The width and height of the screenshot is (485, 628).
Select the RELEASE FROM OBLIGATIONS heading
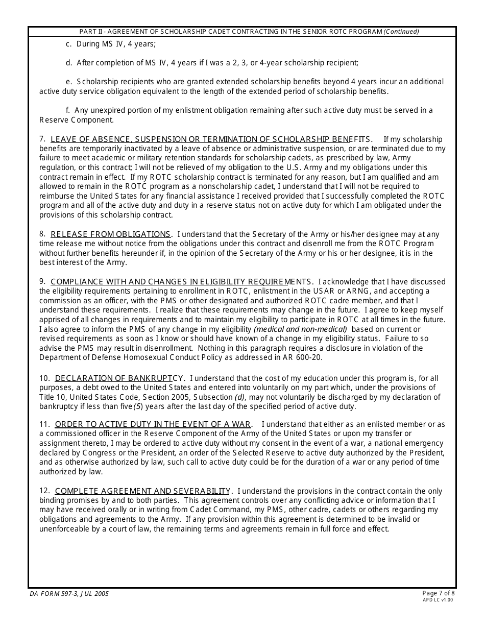click(x=111, y=234)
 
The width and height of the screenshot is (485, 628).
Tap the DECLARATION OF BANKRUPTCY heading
click(x=119, y=378)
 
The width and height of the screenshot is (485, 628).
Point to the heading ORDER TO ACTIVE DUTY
click(x=153, y=424)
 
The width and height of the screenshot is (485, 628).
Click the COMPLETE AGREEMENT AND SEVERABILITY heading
click(x=143, y=491)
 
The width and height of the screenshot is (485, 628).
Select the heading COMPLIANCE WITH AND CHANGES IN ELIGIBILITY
click(x=182, y=282)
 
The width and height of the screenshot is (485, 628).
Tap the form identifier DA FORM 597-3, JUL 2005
click(x=69, y=594)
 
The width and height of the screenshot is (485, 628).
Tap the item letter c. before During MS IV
click(x=69, y=44)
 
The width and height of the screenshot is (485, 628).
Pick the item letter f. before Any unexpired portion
click(x=68, y=110)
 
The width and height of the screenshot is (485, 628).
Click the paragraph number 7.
click(x=42, y=139)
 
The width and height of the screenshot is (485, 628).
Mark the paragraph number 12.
click(x=44, y=491)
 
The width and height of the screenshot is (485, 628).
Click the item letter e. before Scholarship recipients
click(x=69, y=82)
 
